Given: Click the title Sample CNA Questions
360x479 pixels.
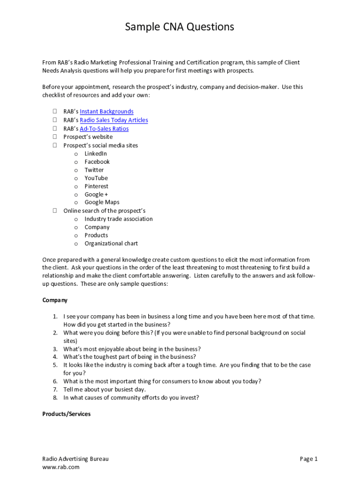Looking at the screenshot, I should coord(180,27).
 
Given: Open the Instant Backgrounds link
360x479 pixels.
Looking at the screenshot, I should coord(107,111).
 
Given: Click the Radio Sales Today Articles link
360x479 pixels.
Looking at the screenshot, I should coord(114,120).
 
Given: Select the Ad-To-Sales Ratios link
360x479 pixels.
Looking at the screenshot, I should coord(104,129).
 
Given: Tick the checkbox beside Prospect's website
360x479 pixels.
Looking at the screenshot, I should coord(55,137).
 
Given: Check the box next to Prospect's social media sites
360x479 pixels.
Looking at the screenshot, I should coord(55,145).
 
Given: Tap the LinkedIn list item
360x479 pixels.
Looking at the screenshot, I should coord(95,153).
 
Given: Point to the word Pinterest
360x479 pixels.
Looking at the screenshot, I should coord(96,186).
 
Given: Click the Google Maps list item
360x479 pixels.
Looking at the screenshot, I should coord(102,202).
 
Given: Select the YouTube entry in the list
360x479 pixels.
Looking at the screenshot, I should coord(96,178).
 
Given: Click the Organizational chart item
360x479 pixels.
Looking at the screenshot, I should coord(111,243).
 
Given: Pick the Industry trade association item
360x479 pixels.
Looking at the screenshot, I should coord(118,219).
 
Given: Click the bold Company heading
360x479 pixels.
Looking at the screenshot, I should coord(55,300).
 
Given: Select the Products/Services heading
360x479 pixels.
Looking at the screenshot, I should coord(66,414).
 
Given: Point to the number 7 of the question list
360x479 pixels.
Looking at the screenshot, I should coord(55,389).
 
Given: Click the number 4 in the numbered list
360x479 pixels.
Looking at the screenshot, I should coord(55,356).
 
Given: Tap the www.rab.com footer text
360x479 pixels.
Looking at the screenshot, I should coord(61,467).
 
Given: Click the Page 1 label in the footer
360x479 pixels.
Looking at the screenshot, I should coord(309,459).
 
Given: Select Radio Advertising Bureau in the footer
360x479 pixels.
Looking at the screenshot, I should coord(75,459).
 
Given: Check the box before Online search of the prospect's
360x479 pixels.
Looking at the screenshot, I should coord(55,210).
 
